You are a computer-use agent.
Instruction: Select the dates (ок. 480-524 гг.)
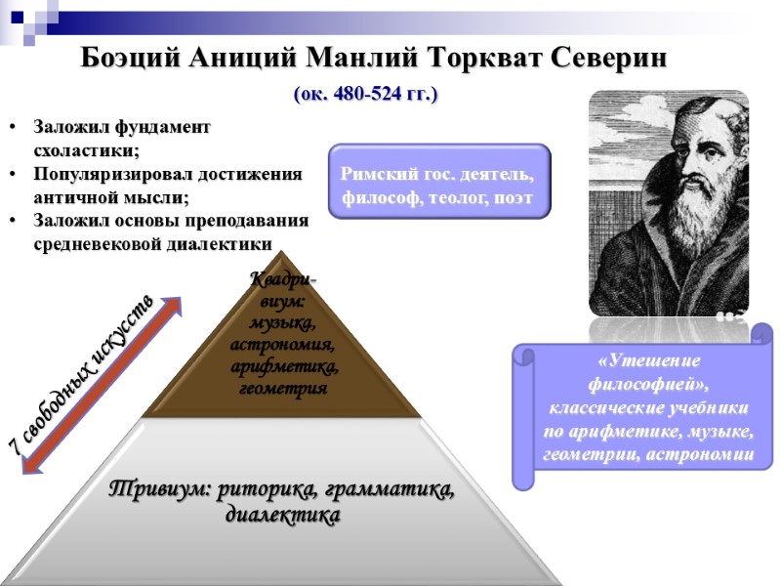(x=366, y=95)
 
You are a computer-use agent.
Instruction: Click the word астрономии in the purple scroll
(x=702, y=454)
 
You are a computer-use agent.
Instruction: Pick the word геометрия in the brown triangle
(x=282, y=388)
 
